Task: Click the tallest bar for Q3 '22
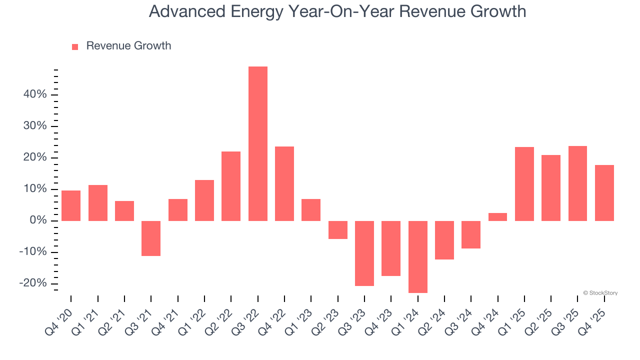pyautogui.click(x=258, y=143)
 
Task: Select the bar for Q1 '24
pyautogui.click(x=418, y=256)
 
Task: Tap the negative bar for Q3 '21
pyautogui.click(x=151, y=238)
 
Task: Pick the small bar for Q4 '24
pyautogui.click(x=498, y=217)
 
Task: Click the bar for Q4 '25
pyautogui.click(x=604, y=193)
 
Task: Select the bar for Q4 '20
pyautogui.click(x=71, y=205)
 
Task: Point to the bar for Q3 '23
pyautogui.click(x=364, y=253)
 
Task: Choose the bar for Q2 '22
pyautogui.click(x=231, y=186)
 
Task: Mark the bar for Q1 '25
pyautogui.click(x=524, y=184)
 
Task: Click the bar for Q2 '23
pyautogui.click(x=338, y=230)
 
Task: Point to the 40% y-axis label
pyautogui.click(x=35, y=94)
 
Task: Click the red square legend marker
pyautogui.click(x=75, y=47)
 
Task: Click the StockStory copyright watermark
pyautogui.click(x=600, y=293)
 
